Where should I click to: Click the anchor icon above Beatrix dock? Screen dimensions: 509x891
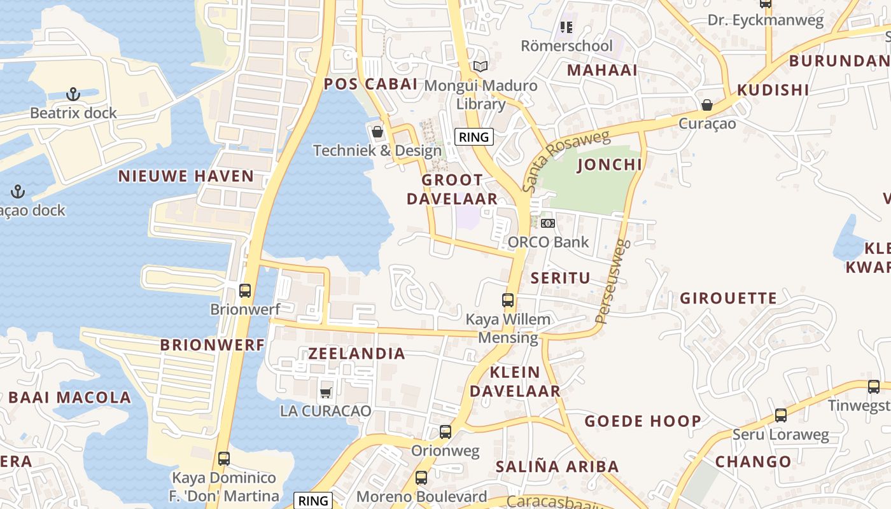(73, 94)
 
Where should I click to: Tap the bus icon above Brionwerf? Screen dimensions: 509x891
(245, 291)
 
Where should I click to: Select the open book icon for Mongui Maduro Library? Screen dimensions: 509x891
(481, 66)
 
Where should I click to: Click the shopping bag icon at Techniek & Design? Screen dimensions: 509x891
(377, 132)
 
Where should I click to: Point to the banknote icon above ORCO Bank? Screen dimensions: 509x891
(548, 223)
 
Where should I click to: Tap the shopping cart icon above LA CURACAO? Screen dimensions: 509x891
(326, 393)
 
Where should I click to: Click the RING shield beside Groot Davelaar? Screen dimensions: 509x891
(474, 137)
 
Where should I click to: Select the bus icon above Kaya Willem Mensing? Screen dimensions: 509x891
(508, 300)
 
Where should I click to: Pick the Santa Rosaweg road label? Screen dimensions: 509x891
(565, 161)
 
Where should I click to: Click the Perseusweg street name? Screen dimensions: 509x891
(612, 281)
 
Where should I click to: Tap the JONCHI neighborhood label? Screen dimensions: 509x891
(609, 165)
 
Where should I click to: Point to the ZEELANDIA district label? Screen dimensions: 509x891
(356, 354)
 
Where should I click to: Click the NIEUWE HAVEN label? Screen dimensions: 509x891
(186, 176)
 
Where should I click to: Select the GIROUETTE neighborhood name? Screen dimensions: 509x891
(728, 298)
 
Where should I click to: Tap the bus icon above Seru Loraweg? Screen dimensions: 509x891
(781, 415)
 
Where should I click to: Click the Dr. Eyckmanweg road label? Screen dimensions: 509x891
(766, 20)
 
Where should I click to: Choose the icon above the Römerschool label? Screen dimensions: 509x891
(566, 27)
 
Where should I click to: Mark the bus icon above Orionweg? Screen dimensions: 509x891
(445, 432)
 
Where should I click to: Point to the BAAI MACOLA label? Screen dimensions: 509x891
(70, 398)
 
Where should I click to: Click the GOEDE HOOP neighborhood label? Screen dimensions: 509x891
(643, 421)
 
